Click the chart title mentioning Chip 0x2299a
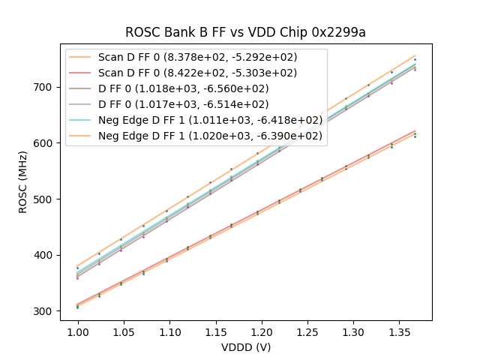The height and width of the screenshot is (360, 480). click(x=246, y=32)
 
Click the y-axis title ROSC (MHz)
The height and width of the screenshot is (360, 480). click(x=24, y=182)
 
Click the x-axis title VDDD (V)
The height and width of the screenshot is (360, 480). click(x=246, y=347)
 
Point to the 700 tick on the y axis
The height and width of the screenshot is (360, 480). click(x=44, y=87)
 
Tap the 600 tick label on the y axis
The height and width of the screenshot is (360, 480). click(x=44, y=143)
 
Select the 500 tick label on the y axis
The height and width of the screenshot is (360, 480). click(x=44, y=199)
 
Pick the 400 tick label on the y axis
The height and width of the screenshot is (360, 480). click(x=44, y=255)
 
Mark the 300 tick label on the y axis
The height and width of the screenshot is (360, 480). click(x=44, y=311)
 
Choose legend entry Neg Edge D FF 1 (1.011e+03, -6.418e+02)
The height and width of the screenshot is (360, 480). click(x=210, y=120)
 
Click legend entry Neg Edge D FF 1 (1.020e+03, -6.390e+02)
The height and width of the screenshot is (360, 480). click(x=210, y=136)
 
